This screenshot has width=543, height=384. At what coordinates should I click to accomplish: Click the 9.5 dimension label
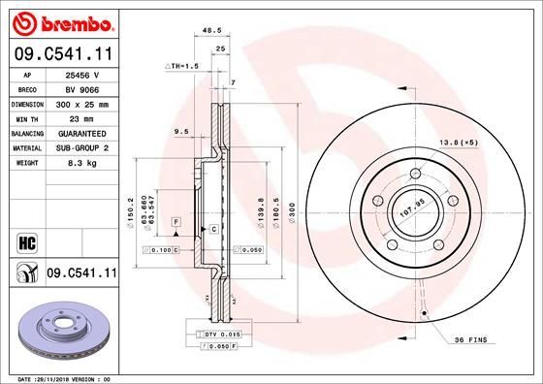click(x=179, y=130)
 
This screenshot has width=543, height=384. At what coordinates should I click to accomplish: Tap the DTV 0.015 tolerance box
click(x=207, y=334)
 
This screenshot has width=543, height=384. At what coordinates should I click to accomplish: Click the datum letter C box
click(x=210, y=229)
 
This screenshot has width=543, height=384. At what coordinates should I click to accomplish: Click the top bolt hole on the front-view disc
click(x=414, y=174)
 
